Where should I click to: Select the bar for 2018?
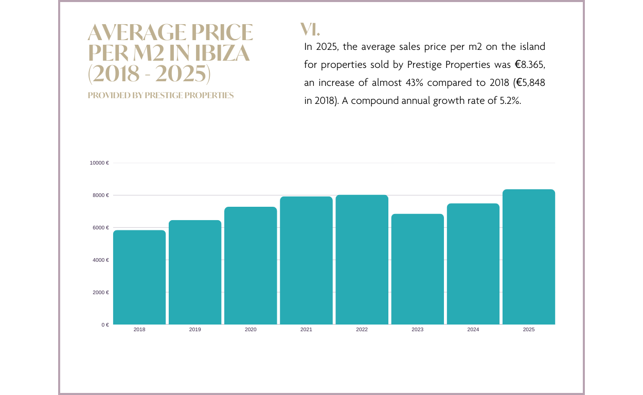coord(139,277)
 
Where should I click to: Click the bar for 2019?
coord(195,272)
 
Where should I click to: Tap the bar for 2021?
coord(306,260)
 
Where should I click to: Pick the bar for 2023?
coord(417,269)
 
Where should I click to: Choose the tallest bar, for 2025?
coord(529,257)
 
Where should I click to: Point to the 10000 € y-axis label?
coord(99,163)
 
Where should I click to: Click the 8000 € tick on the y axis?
coord(100,195)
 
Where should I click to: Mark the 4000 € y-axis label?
coord(100,260)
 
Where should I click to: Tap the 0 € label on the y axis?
coord(105,325)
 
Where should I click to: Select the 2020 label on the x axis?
coord(251,330)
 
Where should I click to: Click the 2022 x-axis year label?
coord(362,330)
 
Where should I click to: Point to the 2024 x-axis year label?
coord(473,330)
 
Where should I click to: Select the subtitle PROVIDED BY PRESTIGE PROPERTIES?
coord(160,96)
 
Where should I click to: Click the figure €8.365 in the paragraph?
coord(529,65)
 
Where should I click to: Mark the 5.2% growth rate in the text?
coord(510,101)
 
